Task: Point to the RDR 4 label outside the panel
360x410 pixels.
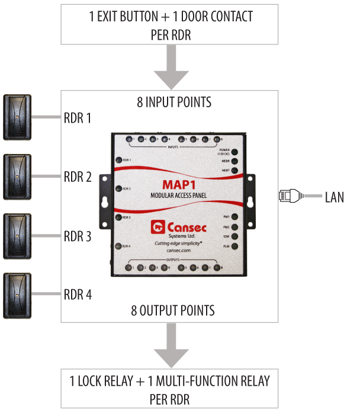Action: (77, 294)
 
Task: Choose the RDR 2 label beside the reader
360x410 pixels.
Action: (77, 177)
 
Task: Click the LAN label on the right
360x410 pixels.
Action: (334, 197)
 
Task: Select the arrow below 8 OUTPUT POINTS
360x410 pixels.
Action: (170, 352)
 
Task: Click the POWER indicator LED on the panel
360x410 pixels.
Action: (234, 152)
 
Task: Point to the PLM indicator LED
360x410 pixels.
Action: (234, 245)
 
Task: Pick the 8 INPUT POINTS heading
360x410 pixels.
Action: (170, 102)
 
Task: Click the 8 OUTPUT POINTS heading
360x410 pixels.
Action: (170, 310)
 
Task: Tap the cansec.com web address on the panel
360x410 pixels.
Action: (178, 251)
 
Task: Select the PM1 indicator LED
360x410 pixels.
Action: (234, 217)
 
